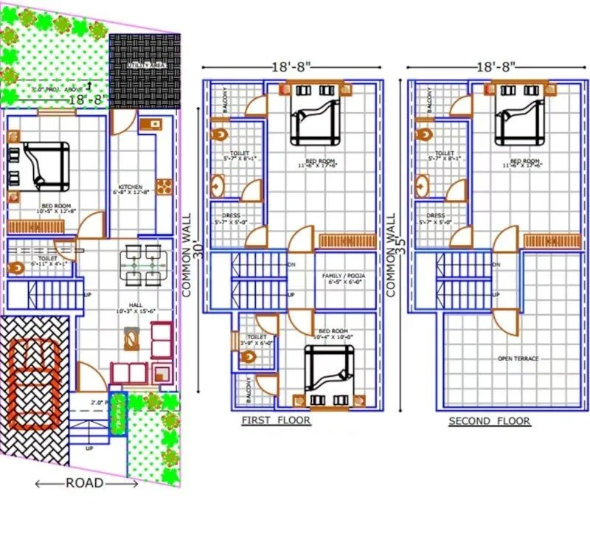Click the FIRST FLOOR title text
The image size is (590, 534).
click(x=276, y=421)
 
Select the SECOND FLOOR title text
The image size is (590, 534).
click(x=490, y=421)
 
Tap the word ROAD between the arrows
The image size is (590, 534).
click(x=85, y=484)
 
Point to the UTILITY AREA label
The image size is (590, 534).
click(x=145, y=66)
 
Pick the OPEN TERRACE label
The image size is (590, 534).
click(x=518, y=358)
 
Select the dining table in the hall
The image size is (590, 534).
click(x=142, y=263)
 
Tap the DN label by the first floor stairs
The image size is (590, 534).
click(x=291, y=264)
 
